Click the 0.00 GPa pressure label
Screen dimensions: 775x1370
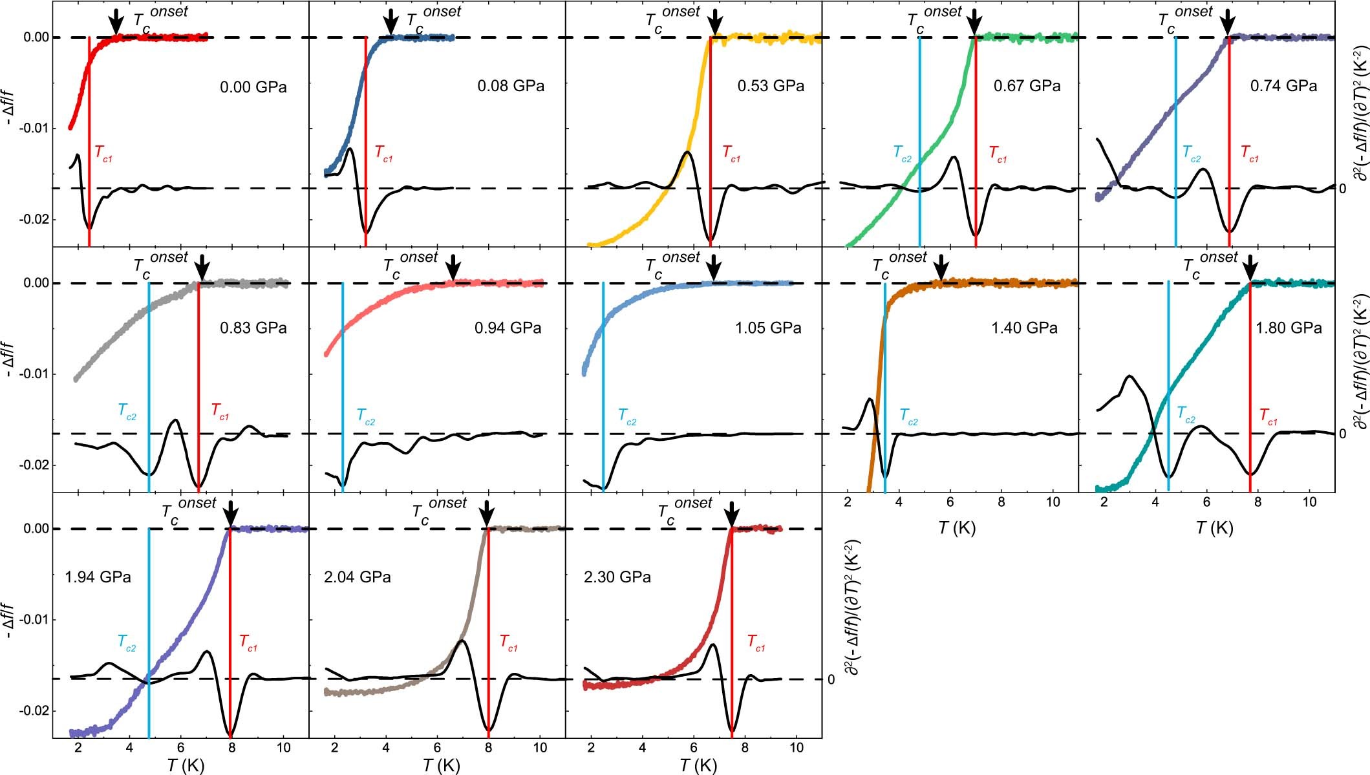pos(253,87)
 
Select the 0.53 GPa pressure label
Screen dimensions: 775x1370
pos(771,86)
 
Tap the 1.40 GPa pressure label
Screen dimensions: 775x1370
pos(1024,328)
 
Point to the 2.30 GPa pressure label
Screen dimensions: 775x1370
pos(617,577)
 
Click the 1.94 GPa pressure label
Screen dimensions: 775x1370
pos(98,577)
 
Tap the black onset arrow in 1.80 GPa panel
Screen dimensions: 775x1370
pos(1251,267)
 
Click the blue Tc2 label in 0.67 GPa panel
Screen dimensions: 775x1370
pos(903,153)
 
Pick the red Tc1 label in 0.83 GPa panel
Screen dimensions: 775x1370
pos(220,411)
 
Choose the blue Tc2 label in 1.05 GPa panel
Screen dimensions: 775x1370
pos(627,416)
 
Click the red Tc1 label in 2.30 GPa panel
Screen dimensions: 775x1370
pos(756,642)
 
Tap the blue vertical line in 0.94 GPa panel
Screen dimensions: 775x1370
pos(343,388)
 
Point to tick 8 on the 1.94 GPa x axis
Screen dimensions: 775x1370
pos(231,748)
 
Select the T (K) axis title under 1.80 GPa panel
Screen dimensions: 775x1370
pos(1214,528)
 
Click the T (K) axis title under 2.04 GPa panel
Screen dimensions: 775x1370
pos(441,766)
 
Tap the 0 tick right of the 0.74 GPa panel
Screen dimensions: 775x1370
pos(1342,189)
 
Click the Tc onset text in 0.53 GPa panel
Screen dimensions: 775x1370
pos(672,17)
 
